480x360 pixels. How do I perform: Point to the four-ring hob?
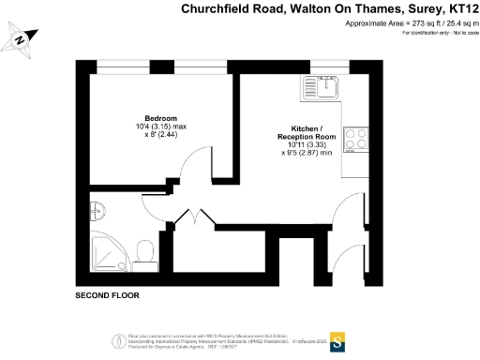point(357,140)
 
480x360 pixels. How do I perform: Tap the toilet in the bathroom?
point(144,249)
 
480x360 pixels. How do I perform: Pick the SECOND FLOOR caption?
point(106,295)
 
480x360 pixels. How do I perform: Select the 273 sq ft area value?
point(412,23)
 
